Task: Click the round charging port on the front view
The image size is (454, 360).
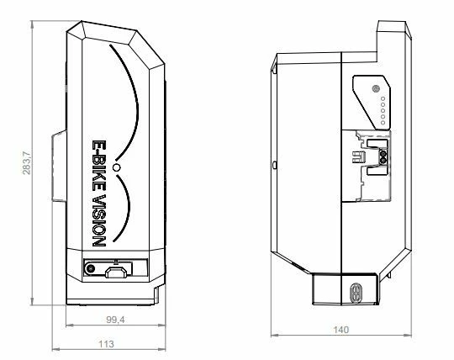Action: pos(90,270)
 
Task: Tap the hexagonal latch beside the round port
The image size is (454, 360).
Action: pos(117,271)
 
